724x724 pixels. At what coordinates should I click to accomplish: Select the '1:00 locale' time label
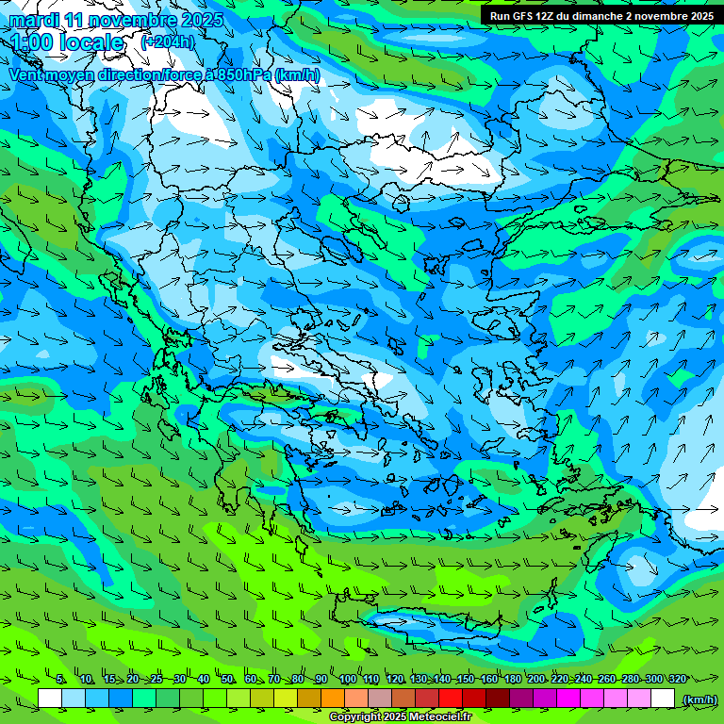pos(67,42)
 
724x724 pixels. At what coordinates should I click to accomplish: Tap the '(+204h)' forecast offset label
pos(168,41)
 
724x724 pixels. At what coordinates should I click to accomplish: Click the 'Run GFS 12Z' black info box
pos(601,15)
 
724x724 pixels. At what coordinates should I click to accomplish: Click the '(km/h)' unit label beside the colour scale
pos(699,699)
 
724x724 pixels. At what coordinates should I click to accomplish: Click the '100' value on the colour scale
pos(347,679)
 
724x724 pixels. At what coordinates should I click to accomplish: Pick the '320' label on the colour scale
pos(677,679)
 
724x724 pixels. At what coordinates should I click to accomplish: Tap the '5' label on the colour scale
pos(60,679)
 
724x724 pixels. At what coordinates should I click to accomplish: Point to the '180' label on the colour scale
pos(512,679)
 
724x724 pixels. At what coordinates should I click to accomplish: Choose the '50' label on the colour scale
pos(227,679)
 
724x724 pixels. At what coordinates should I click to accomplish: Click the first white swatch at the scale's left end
pos(50,699)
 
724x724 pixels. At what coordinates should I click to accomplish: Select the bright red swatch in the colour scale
pos(451,699)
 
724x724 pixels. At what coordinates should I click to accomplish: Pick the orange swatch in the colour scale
pos(333,699)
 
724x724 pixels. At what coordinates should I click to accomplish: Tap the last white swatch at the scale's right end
pos(663,699)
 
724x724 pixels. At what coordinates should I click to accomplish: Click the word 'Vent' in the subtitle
pos(26,75)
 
